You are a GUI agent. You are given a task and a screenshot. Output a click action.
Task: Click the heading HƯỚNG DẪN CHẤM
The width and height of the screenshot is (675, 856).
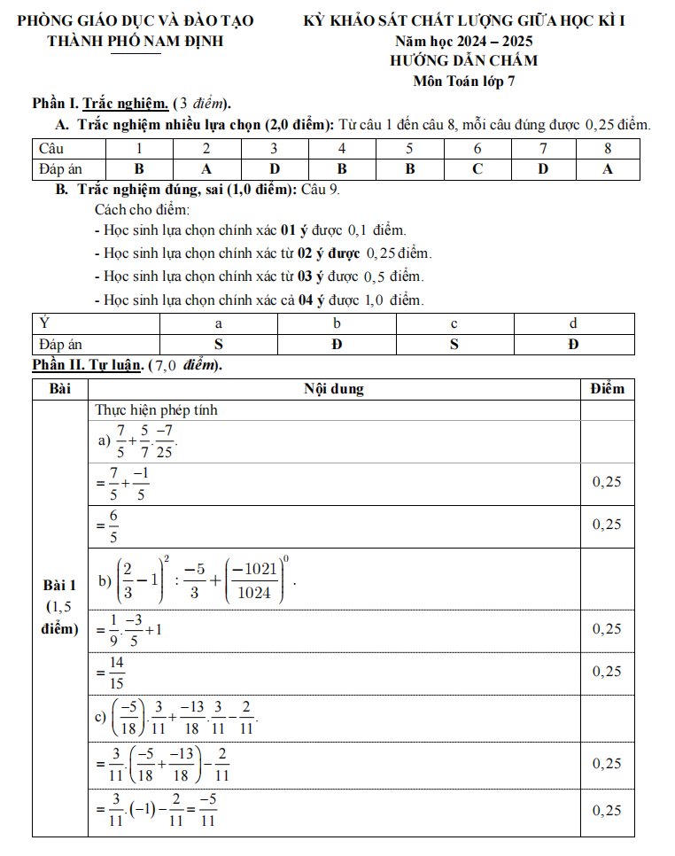[463, 61]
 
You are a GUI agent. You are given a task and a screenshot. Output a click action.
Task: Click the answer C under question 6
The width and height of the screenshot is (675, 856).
[477, 168]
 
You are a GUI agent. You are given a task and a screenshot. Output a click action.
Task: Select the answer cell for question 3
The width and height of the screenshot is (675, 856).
[275, 168]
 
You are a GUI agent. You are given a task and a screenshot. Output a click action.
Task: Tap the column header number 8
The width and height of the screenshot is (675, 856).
[608, 148]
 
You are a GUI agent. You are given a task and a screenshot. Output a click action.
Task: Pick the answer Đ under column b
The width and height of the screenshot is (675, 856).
[337, 344]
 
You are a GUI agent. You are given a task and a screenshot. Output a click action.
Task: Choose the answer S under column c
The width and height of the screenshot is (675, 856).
[454, 344]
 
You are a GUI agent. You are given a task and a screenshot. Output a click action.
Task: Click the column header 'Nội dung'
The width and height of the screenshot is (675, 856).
[333, 389]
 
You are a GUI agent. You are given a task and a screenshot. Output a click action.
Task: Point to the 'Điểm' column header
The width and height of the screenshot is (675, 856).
[607, 389]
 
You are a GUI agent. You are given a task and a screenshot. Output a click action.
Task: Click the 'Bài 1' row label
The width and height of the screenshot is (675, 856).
[60, 585]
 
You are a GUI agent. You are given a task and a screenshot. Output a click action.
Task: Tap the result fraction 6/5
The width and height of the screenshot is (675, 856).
[112, 525]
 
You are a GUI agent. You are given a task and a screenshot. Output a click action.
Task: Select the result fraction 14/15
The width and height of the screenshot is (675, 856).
[114, 672]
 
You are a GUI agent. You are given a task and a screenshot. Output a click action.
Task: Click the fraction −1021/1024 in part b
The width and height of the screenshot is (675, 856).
[256, 582]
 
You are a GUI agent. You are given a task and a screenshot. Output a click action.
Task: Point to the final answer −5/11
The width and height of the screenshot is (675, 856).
[208, 811]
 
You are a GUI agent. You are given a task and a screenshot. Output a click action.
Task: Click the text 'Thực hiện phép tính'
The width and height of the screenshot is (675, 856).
[156, 410]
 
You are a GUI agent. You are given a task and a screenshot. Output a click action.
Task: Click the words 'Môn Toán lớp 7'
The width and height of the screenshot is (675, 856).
[463, 82]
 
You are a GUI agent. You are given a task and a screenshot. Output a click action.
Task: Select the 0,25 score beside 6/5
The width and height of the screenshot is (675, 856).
[607, 525]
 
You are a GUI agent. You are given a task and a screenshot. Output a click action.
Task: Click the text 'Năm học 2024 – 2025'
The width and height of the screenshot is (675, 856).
[463, 42]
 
